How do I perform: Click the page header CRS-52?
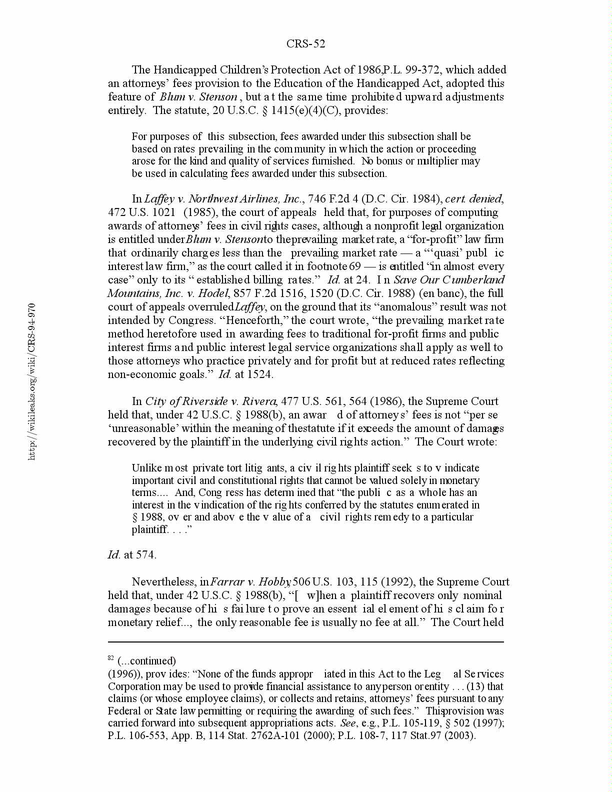[305, 44]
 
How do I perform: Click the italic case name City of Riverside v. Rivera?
[210, 401]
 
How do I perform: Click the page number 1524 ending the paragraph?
[261, 374]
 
